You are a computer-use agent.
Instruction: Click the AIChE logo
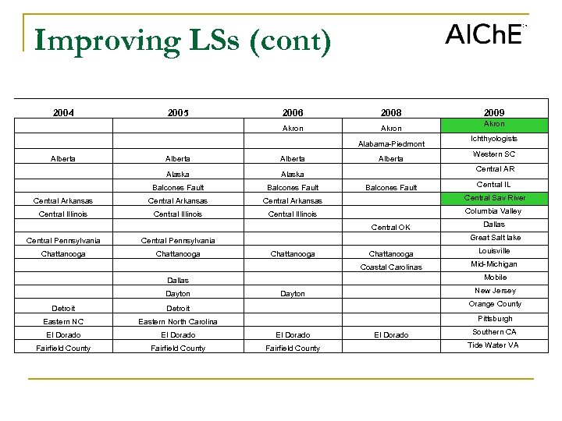[x=485, y=34]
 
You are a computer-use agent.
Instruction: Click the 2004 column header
[x=64, y=113]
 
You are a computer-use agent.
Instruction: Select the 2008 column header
[x=390, y=113]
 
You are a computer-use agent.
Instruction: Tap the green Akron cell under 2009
[x=494, y=125]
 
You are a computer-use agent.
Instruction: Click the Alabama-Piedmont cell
[x=391, y=144]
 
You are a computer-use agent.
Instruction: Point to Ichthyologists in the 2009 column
[x=494, y=139]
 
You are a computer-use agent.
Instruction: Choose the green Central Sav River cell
[x=494, y=198]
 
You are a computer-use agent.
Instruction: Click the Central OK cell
[x=390, y=228]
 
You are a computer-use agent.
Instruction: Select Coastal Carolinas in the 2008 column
[x=391, y=267]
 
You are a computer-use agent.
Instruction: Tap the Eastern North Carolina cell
[x=178, y=321]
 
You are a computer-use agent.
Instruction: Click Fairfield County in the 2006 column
[x=293, y=348]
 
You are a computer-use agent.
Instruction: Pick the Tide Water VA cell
[x=494, y=345]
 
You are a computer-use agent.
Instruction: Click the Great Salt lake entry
[x=495, y=238]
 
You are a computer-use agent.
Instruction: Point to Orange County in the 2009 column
[x=494, y=304]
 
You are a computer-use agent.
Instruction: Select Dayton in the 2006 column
[x=293, y=294]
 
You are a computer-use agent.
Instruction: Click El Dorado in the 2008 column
[x=391, y=335]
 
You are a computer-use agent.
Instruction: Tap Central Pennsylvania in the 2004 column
[x=63, y=240]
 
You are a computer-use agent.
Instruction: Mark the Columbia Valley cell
[x=494, y=211]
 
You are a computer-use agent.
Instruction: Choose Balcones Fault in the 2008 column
[x=391, y=188]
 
